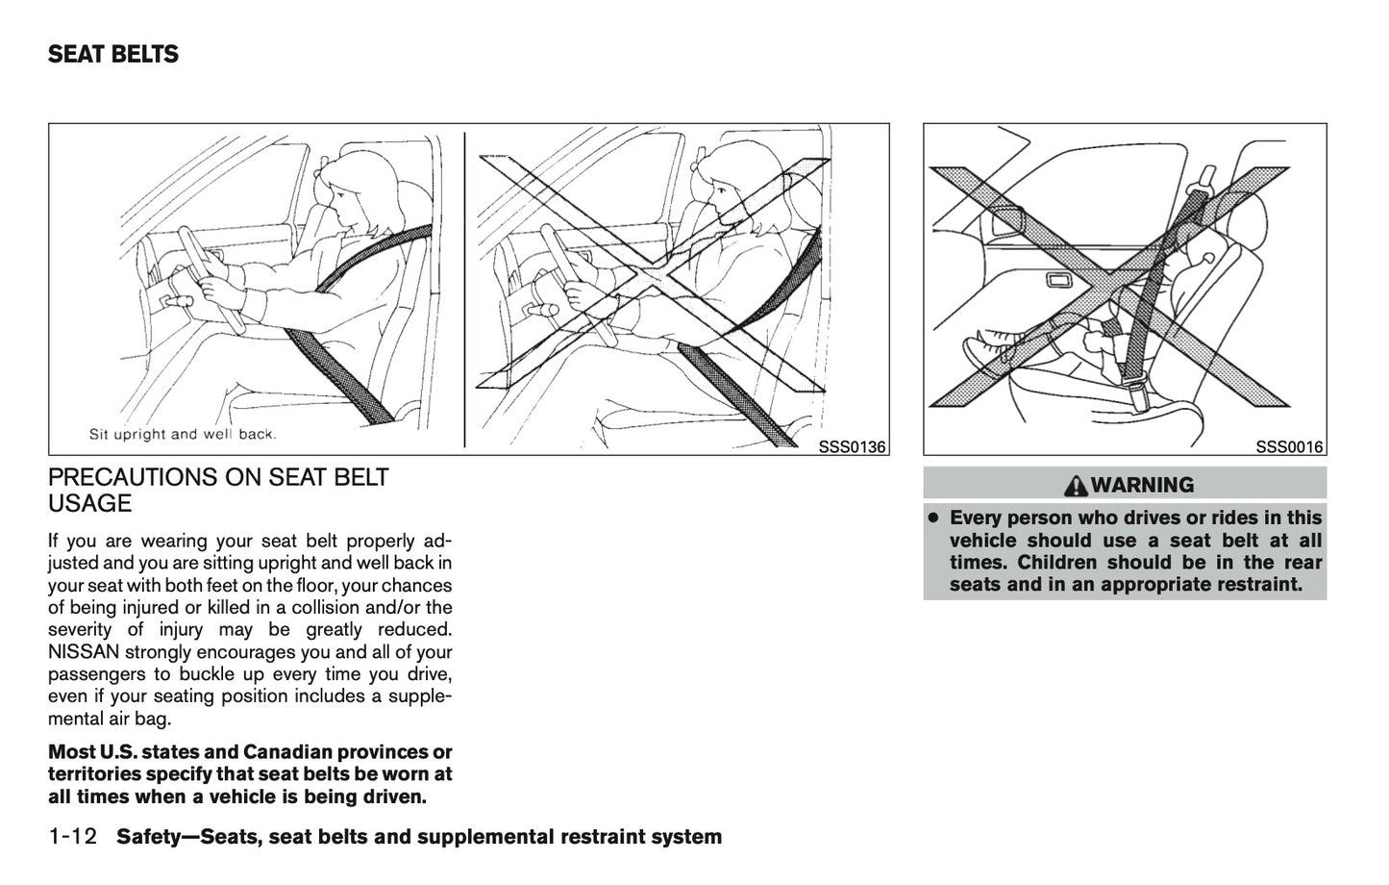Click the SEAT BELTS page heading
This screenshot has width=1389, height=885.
(x=113, y=55)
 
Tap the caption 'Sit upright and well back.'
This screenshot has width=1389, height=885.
(x=183, y=434)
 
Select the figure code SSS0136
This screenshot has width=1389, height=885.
(x=852, y=446)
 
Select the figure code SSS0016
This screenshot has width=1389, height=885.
(x=1290, y=446)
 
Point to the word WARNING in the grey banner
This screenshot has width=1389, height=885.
(x=1142, y=484)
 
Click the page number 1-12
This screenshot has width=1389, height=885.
(x=73, y=836)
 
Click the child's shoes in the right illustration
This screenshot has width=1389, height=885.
(x=989, y=352)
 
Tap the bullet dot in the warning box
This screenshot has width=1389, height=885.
(x=932, y=518)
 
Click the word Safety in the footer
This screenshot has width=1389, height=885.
(x=150, y=836)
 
